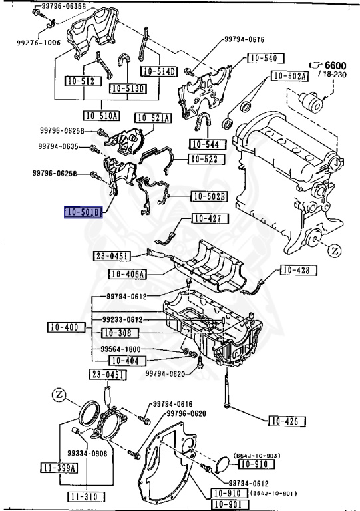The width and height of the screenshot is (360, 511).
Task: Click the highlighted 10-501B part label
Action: point(83,212)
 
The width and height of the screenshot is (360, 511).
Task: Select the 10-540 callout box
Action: point(266,59)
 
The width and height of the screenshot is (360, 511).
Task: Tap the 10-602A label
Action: point(289,76)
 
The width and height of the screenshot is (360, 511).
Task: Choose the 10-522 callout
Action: point(206,159)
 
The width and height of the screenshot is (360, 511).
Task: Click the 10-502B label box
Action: point(209,196)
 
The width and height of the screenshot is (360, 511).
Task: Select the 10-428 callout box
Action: point(299,270)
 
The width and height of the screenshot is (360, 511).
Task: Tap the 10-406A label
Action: point(127,274)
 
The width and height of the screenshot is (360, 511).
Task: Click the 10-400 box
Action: point(67,327)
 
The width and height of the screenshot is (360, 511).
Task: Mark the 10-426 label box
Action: point(287,421)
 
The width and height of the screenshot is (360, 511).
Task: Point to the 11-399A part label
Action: point(59,468)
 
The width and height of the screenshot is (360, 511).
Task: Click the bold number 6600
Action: point(335,65)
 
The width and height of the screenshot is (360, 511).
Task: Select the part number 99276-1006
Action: point(39,43)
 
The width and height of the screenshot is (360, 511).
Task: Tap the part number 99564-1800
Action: point(121,349)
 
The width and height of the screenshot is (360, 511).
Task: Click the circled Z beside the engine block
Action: point(335,251)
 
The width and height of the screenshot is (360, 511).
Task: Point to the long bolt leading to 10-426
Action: point(226,391)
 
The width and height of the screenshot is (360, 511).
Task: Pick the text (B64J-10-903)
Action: point(257,456)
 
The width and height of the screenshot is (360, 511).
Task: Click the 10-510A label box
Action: point(102,116)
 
